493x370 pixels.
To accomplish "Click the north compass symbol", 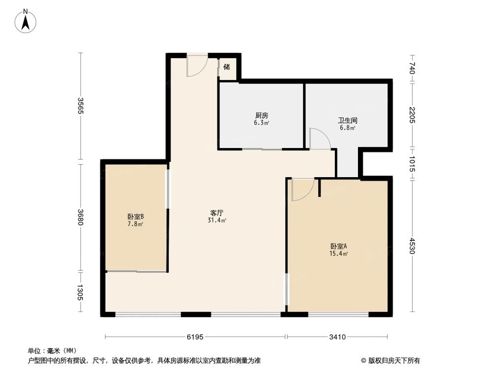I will (26, 21).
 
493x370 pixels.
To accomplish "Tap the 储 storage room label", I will (227, 67).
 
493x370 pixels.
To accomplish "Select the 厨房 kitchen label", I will (261, 116).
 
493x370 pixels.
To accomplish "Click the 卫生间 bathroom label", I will (348, 120).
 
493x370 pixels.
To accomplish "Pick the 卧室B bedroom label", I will (136, 217).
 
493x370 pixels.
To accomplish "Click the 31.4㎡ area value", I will (217, 221).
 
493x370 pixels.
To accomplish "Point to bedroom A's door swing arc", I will (303, 190).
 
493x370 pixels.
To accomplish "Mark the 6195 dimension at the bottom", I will (195, 337).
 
